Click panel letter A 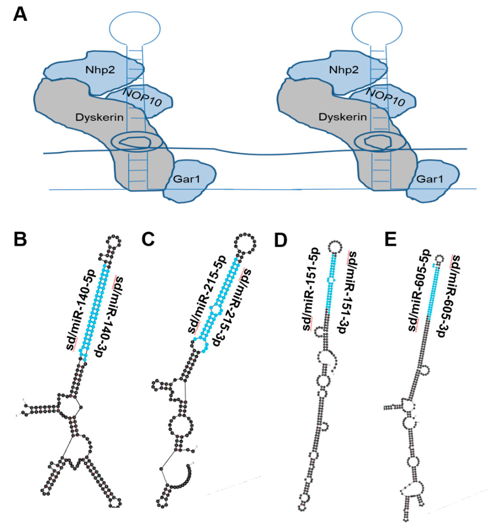coord(20,14)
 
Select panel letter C coord(148,240)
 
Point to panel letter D coord(281,240)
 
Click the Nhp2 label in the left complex coord(100,70)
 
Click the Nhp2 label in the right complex coord(344,70)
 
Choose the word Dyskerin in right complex coord(343,117)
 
